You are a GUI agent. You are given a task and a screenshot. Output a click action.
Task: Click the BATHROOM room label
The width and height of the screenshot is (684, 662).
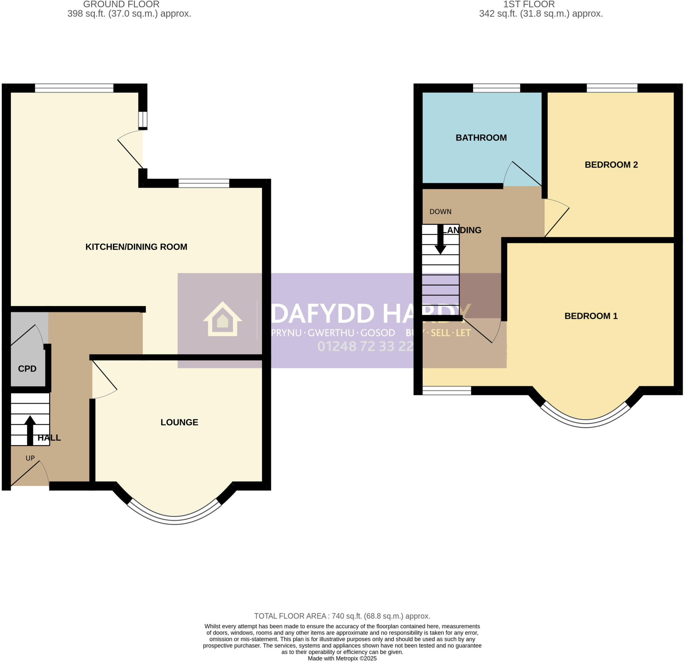pyautogui.click(x=481, y=138)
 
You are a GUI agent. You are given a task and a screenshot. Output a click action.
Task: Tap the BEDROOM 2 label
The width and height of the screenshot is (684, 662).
pyautogui.click(x=611, y=165)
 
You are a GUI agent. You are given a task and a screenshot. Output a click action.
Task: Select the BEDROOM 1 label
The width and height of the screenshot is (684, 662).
pyautogui.click(x=591, y=316)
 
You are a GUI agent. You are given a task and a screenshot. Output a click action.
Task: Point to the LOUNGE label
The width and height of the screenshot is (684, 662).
pyautogui.click(x=179, y=422)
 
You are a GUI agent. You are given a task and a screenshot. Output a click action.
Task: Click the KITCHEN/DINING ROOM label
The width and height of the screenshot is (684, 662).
pyautogui.click(x=136, y=247)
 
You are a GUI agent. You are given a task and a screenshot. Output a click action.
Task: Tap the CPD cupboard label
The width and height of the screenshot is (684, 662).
pyautogui.click(x=27, y=369)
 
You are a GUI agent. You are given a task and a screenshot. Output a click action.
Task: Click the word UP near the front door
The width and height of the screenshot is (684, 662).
pyautogui.click(x=30, y=458)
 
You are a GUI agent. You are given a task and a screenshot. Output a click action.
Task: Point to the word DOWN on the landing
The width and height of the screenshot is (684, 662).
pyautogui.click(x=441, y=212)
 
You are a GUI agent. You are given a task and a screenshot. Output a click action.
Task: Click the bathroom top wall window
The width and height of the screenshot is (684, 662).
pyautogui.click(x=496, y=88)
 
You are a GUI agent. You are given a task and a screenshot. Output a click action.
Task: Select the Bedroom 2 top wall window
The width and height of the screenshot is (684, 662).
pyautogui.click(x=612, y=88)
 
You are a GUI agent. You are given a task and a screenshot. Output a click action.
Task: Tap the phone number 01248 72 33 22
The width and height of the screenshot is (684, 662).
pyautogui.click(x=365, y=346)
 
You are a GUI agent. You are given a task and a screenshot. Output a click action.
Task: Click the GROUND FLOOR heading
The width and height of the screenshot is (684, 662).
pyautogui.click(x=121, y=5)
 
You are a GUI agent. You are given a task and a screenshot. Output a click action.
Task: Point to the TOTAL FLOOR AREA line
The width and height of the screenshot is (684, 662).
pyautogui.click(x=342, y=616)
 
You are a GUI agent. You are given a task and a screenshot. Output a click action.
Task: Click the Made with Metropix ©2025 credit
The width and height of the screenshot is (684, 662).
pyautogui.click(x=342, y=659)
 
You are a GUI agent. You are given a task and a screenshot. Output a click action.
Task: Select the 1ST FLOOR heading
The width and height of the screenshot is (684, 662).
pyautogui.click(x=529, y=5)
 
